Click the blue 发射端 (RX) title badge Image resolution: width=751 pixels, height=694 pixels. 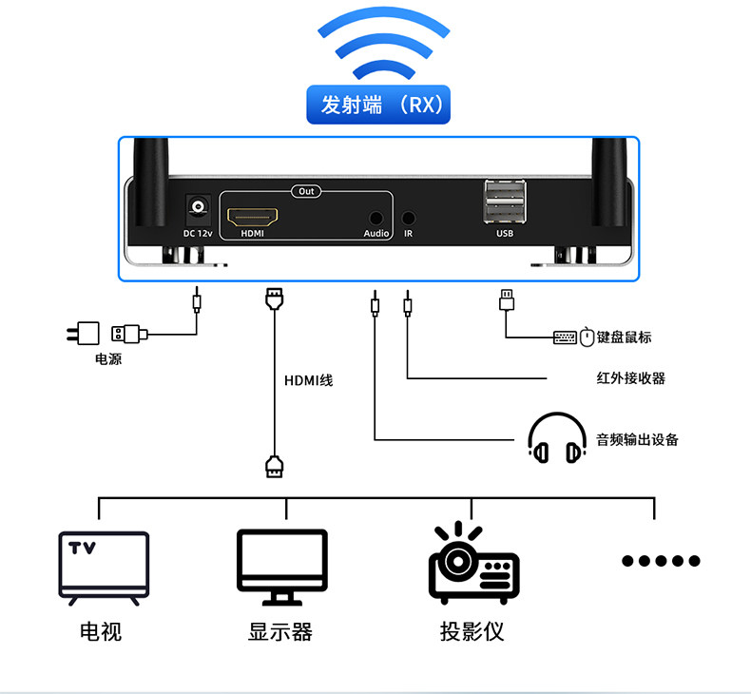click(377, 105)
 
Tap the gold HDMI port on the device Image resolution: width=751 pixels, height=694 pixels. click(252, 214)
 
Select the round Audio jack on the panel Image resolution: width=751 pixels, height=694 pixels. click(377, 218)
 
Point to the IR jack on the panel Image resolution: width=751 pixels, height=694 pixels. click(409, 218)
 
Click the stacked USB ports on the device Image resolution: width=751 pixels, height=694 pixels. click(504, 202)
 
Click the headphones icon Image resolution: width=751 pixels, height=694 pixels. click(556, 439)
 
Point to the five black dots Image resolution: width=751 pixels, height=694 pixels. click(661, 561)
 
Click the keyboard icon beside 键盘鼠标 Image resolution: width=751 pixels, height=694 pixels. click(565, 337)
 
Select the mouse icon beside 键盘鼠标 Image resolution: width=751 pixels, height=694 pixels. click(587, 337)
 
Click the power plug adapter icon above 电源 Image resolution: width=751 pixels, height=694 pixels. click(84, 333)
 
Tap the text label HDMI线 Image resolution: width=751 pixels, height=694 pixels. click(309, 380)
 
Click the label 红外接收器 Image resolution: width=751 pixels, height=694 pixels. click(624, 378)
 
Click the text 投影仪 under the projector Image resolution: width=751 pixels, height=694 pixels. click(472, 632)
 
